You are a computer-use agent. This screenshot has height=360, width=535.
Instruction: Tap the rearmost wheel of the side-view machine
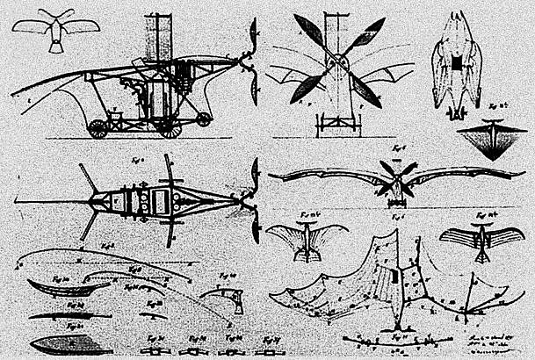click(98, 128)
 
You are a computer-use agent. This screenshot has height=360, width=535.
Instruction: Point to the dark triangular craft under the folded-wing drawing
click(490, 140)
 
